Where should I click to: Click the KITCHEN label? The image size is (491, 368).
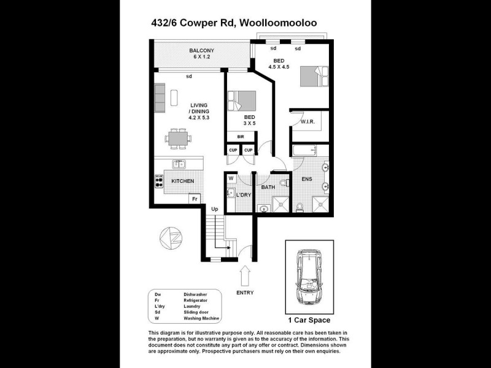click(x=182, y=181)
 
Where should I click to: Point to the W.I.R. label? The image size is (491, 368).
click(x=308, y=122)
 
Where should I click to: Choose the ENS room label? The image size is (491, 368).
click(x=307, y=180)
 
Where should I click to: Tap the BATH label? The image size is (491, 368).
click(x=268, y=187)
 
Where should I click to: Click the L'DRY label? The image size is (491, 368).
click(x=244, y=195)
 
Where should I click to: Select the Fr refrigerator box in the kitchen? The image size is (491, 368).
click(x=194, y=199)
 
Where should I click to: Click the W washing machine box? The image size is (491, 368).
click(x=231, y=178)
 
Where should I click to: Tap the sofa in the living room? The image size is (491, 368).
click(x=160, y=98)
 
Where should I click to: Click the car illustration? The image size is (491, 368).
click(x=309, y=277)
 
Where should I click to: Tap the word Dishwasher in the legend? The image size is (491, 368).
click(x=195, y=295)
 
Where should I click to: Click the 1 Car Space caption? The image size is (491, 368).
click(x=309, y=320)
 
